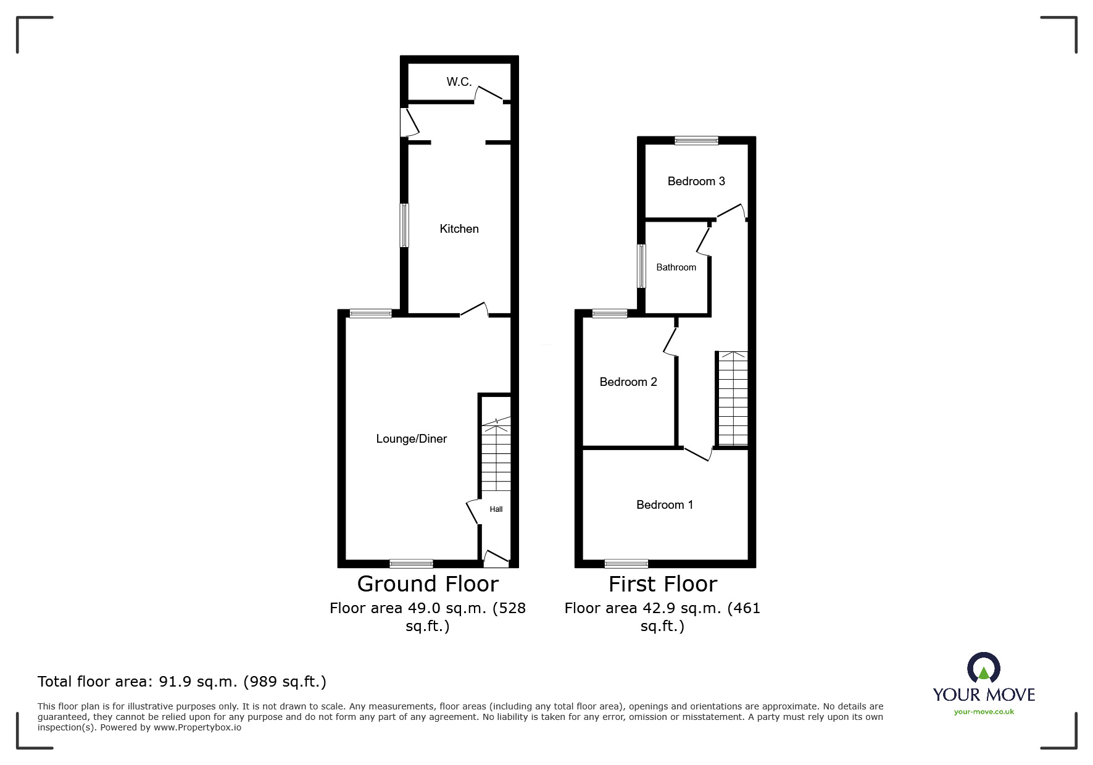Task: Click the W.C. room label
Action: click(459, 82)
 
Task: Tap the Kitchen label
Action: click(459, 228)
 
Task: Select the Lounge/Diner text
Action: click(411, 438)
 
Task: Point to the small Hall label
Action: click(496, 509)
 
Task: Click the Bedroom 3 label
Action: click(696, 181)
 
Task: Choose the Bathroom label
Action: click(676, 267)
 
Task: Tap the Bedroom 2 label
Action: click(628, 382)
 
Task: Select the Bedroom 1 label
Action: click(664, 504)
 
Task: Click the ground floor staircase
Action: click(496, 454)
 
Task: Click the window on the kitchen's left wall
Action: click(404, 225)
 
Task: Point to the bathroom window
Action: click(642, 266)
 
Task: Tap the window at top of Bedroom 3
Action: click(696, 141)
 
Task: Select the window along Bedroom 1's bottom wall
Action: click(626, 563)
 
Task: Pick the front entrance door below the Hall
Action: click(496, 559)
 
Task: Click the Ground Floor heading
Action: click(428, 583)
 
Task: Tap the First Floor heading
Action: click(662, 583)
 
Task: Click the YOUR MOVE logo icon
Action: click(983, 669)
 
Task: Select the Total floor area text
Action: click(181, 682)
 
